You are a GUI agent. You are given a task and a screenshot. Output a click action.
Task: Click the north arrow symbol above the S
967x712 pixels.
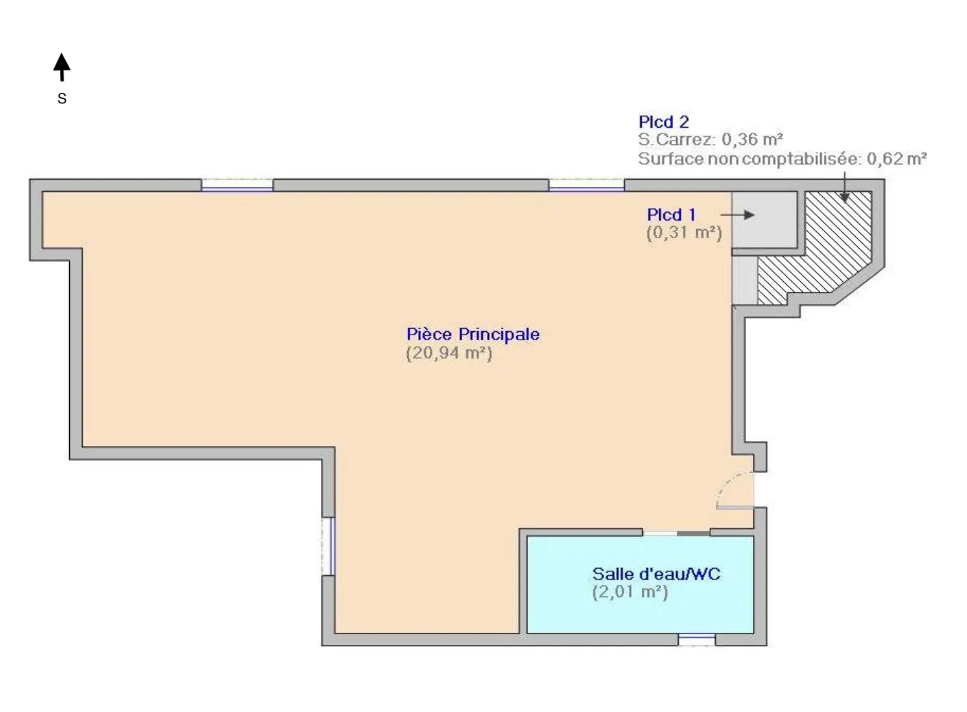[x=62, y=67]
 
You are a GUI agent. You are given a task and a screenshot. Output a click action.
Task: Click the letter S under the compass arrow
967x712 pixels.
[x=62, y=98]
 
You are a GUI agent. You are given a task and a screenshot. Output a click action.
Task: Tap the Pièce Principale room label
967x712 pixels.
[x=473, y=334]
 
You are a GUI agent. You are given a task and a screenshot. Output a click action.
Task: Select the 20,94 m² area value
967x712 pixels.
[x=449, y=353]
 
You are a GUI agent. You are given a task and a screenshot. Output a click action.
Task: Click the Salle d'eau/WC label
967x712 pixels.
[x=656, y=574]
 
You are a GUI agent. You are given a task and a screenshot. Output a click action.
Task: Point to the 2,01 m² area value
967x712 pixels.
[x=630, y=592]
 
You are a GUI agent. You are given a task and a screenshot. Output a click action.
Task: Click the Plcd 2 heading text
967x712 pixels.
[x=663, y=122]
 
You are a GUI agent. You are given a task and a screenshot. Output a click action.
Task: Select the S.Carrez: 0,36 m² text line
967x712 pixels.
[x=710, y=140]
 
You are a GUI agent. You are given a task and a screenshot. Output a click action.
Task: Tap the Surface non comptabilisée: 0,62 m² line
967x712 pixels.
[x=782, y=159]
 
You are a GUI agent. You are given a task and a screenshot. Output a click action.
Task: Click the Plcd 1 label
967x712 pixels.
[x=670, y=215]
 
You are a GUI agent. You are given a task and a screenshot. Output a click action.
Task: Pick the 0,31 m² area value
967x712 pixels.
[x=684, y=233]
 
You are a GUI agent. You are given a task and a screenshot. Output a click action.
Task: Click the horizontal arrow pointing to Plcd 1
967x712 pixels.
[x=737, y=215]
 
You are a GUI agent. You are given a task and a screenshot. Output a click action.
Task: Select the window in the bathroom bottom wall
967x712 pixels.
[x=697, y=639]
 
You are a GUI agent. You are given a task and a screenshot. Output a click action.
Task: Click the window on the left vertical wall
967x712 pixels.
[x=328, y=546]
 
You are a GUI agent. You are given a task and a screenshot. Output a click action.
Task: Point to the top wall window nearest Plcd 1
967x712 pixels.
[x=586, y=186]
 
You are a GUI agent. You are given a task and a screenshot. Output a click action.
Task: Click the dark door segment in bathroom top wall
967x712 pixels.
[x=692, y=533]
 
